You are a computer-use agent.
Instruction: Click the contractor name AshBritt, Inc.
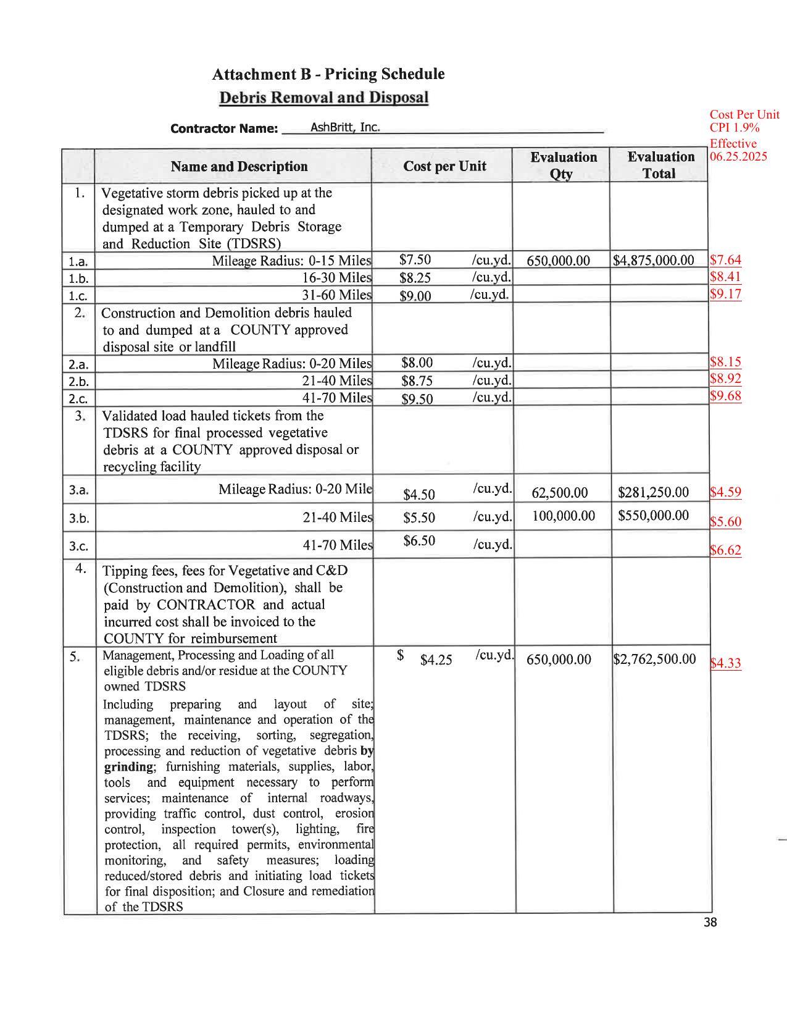click(344, 127)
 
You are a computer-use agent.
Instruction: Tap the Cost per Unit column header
click(444, 166)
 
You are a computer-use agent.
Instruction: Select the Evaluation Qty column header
click(563, 165)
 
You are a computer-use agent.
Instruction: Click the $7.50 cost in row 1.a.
click(415, 259)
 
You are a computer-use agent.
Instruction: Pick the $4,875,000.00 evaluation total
click(654, 260)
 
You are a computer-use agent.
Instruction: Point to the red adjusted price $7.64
click(725, 260)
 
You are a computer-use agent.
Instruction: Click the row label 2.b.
click(78, 381)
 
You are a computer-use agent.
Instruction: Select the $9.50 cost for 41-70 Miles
click(417, 399)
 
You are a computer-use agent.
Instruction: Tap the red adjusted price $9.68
click(725, 396)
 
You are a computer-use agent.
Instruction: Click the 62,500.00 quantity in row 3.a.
click(559, 492)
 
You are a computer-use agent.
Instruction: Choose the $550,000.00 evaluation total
click(653, 515)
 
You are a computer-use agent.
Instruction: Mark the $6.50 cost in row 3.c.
click(419, 541)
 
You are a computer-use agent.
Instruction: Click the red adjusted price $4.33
click(725, 663)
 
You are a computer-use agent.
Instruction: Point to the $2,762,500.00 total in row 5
click(654, 659)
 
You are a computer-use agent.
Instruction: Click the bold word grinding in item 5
click(128, 766)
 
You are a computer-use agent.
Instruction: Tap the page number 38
click(710, 923)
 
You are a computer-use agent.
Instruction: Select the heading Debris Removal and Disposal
click(324, 98)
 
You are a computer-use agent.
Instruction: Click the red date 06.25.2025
click(738, 156)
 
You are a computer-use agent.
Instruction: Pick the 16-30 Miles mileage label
click(336, 277)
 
